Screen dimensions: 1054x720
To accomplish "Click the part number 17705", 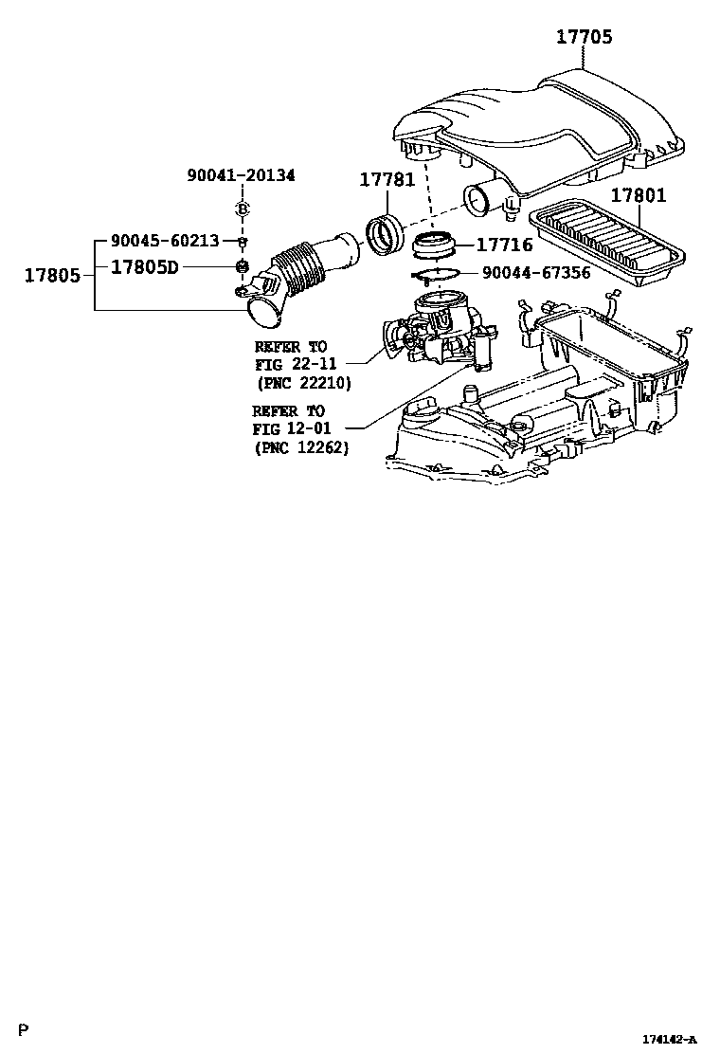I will [584, 37].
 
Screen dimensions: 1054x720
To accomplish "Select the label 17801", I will [638, 196].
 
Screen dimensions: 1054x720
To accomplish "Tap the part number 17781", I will [387, 180].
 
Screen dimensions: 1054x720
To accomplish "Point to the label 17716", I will [504, 245].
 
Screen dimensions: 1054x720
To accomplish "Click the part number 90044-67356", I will [536, 273].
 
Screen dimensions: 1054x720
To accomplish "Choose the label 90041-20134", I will [241, 175].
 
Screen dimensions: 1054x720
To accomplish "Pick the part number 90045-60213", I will [165, 241].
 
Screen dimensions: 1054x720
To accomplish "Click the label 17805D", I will [145, 267].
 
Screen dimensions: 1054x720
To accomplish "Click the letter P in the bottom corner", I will [24, 1030].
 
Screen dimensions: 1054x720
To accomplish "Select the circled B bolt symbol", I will [242, 209].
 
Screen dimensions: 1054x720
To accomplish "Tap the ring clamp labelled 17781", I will [385, 235].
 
